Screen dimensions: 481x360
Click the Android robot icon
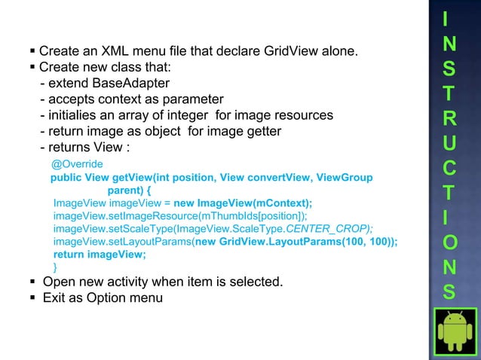pyautogui.click(x=455, y=331)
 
